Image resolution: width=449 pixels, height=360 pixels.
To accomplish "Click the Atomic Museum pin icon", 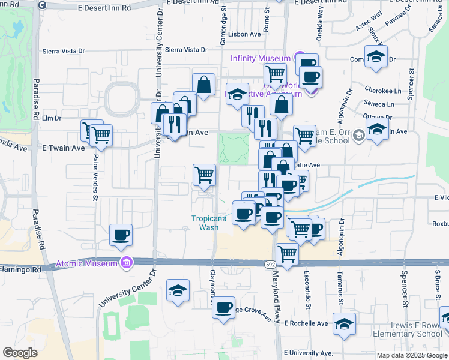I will point(126,263).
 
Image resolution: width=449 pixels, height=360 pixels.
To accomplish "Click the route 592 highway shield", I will point(270,263).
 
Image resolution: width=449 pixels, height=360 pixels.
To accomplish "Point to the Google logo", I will point(20,353).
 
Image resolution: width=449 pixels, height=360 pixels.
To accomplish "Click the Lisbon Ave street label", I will point(246,34).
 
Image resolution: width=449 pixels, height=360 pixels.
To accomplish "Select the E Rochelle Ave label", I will point(306,323).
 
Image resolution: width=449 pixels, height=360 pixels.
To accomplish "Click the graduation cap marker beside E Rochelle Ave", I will point(344,324).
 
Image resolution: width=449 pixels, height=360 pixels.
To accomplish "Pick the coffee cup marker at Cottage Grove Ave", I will point(224,308).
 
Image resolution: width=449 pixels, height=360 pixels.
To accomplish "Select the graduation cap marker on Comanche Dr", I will point(376,56).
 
